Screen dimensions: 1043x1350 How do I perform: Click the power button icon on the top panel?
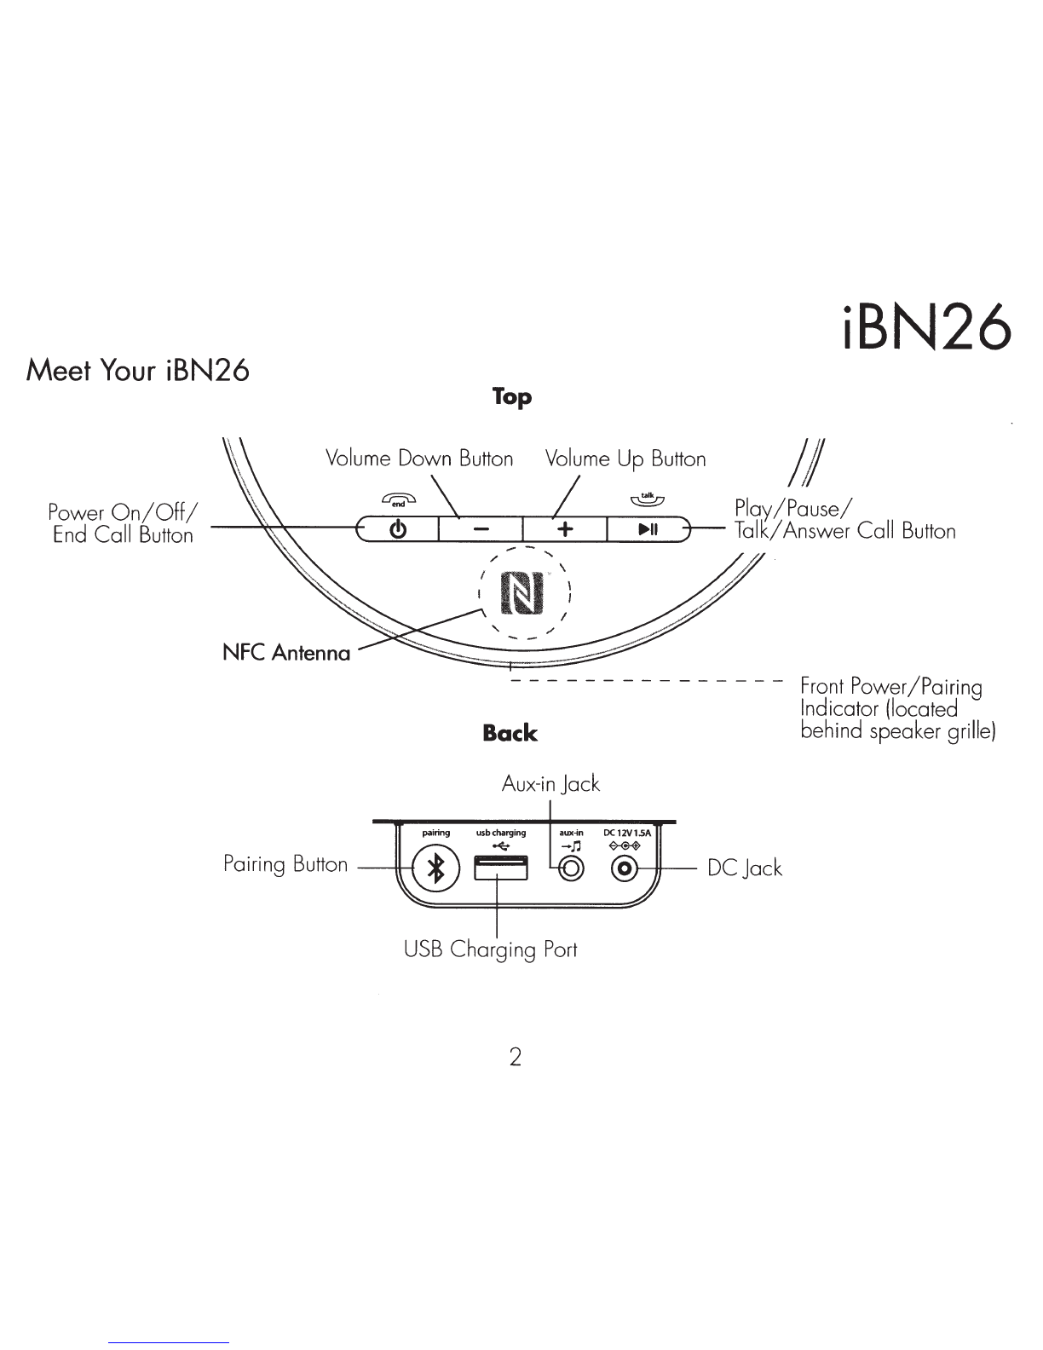398,529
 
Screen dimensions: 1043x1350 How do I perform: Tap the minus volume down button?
481,529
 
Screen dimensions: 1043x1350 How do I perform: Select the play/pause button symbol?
648,529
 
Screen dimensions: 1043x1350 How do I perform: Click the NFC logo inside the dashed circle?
522,592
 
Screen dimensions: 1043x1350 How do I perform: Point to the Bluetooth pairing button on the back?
436,868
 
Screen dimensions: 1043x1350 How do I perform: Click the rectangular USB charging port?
501,868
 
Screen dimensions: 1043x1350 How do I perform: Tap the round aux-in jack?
571,868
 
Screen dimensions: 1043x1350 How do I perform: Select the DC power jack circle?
625,868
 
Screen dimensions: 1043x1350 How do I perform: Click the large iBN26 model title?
927,327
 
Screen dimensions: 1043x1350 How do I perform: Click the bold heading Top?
512,396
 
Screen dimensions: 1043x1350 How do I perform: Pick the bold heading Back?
510,733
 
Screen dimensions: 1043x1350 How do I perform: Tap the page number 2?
515,1057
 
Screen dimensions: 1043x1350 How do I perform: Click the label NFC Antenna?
286,652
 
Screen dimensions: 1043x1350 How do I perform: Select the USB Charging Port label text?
490,950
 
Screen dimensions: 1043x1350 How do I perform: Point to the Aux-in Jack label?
550,784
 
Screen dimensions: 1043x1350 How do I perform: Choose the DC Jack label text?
744,868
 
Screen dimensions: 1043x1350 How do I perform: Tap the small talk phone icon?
648,498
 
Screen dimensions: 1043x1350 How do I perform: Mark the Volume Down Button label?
419,459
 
